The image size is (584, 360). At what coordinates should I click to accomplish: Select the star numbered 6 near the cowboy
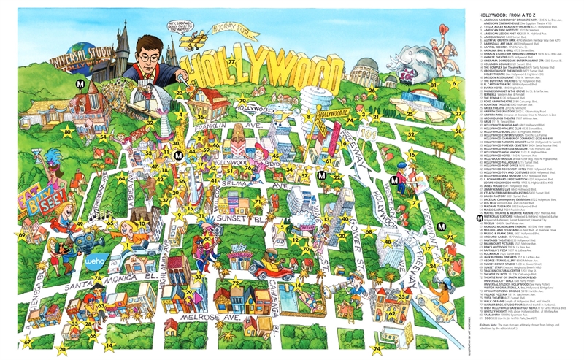(454, 83)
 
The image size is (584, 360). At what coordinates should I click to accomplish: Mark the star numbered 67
(27, 342)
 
